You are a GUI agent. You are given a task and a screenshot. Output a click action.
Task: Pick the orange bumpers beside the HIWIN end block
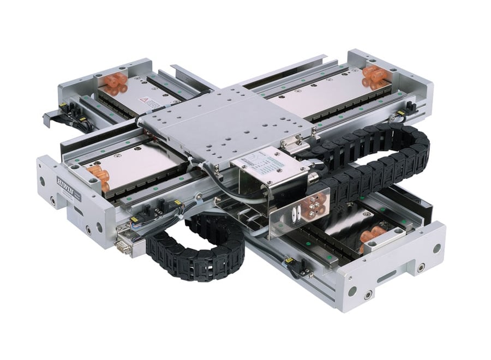[99, 176]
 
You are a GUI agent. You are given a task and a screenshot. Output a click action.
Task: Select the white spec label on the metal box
[256, 160]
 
